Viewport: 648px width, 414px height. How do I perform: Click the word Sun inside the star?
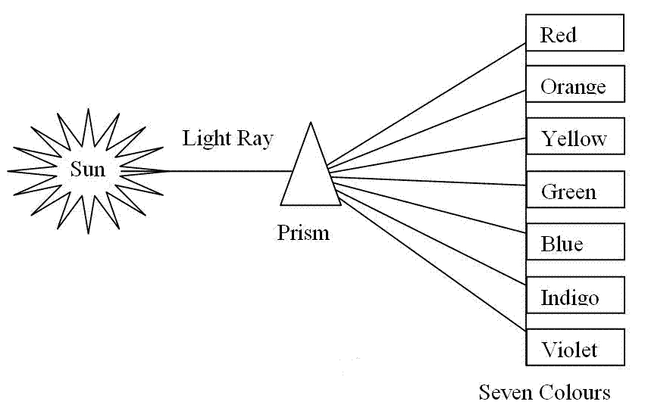coord(87,170)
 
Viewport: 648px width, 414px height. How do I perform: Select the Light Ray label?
coord(227,139)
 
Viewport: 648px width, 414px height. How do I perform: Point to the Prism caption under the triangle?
coord(303,232)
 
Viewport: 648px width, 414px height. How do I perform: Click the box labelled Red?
coord(574,35)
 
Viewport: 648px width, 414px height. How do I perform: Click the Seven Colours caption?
coord(544,392)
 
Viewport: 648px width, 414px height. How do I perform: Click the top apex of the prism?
coord(309,124)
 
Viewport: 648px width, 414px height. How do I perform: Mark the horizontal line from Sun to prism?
coord(227,171)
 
